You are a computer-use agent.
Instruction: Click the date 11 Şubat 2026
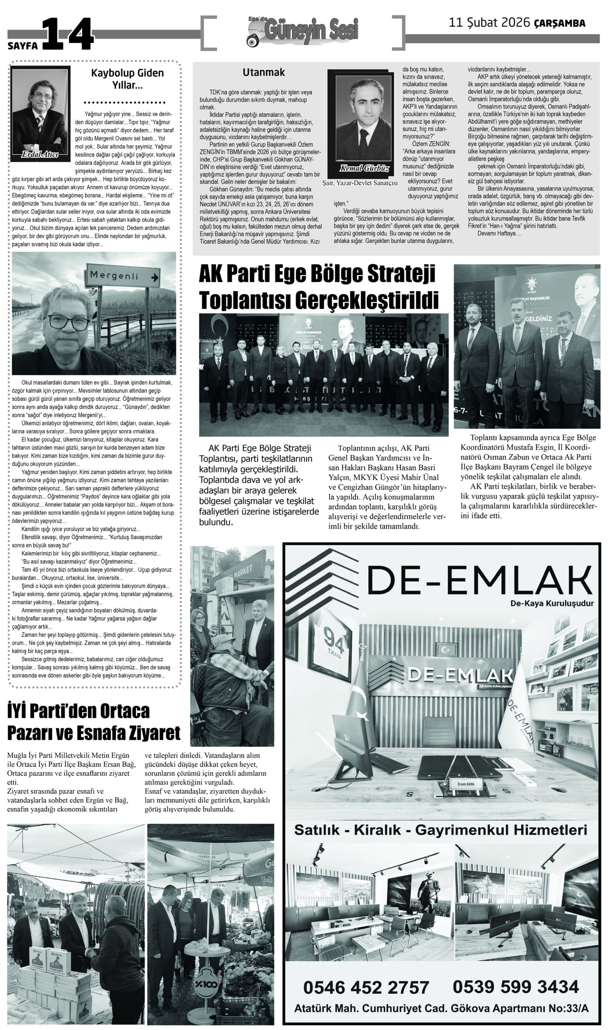point(489,23)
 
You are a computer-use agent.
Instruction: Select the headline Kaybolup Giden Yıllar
point(127,79)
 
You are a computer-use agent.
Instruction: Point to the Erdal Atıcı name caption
point(40,155)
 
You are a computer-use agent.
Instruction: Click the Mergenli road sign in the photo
point(123,276)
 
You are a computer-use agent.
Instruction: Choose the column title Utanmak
point(264,72)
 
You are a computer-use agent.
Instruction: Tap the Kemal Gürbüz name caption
point(359,168)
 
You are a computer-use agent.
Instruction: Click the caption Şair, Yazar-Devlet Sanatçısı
point(360,183)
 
